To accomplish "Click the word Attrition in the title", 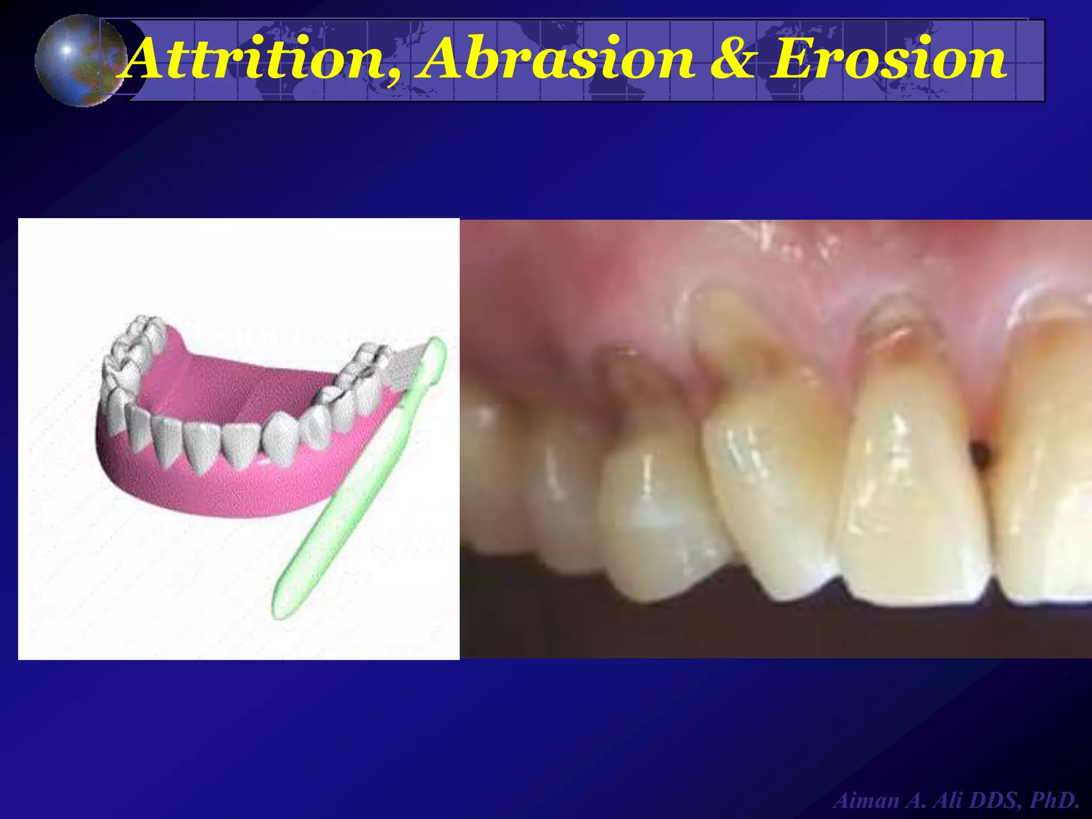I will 256,59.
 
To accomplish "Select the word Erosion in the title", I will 888,59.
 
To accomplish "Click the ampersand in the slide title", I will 733,59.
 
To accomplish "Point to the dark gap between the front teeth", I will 980,453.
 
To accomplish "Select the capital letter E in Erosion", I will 794,59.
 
